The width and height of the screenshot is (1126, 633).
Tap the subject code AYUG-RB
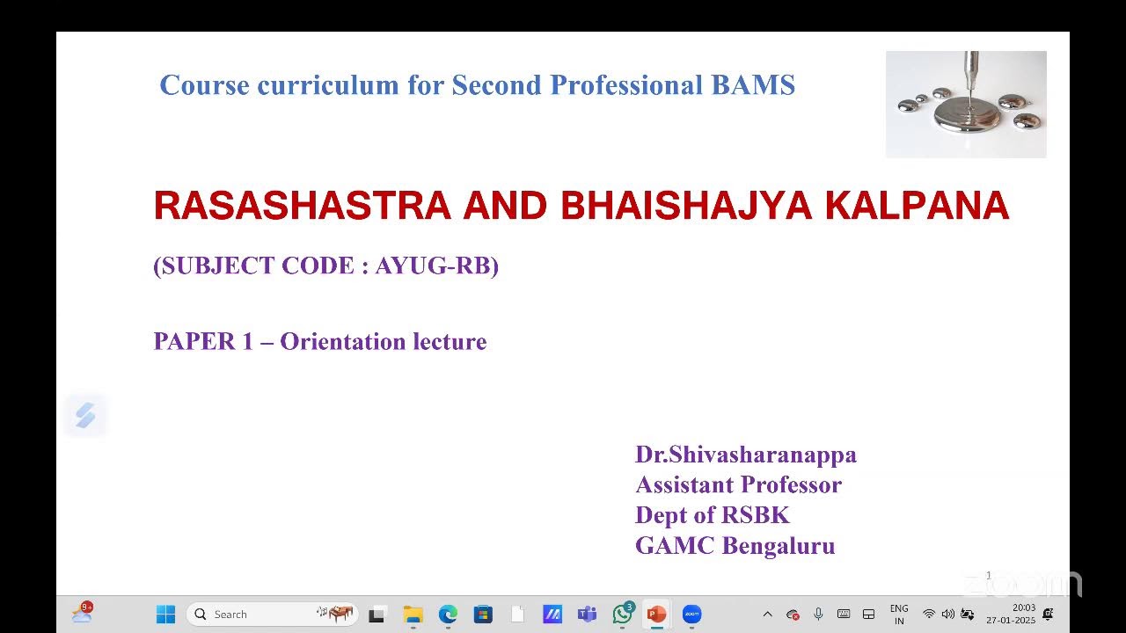(436, 266)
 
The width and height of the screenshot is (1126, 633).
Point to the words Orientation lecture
(383, 341)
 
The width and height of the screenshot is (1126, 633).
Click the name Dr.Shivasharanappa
(745, 455)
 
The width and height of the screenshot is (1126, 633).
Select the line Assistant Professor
(738, 484)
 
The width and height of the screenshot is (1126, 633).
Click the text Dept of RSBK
(713, 515)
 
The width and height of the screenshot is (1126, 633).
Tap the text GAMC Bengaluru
(735, 546)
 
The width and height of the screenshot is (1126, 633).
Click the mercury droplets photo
(966, 105)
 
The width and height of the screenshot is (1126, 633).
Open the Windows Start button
(165, 615)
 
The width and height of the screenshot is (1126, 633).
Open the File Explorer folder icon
(413, 615)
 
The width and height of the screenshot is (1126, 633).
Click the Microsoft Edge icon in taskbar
(448, 615)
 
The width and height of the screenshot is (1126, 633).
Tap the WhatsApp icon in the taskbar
(622, 615)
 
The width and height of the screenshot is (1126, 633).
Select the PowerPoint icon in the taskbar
(656, 615)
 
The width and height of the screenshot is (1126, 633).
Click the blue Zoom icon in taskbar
(692, 615)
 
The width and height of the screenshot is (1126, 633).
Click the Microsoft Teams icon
(587, 615)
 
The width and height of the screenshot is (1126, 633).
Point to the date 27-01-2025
(1011, 621)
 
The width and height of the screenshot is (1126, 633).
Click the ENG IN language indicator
(899, 615)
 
